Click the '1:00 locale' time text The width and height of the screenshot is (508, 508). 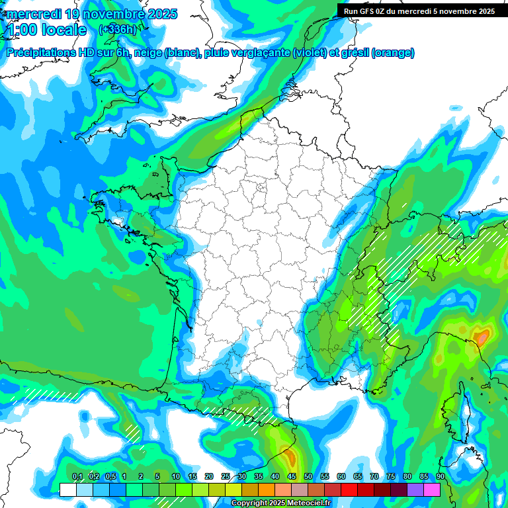[x=46, y=30]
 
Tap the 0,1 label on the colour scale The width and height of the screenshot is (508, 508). [x=77, y=477]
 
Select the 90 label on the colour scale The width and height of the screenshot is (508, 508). [x=440, y=477]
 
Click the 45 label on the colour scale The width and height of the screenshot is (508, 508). [x=292, y=477]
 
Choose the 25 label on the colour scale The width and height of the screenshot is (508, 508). [x=226, y=477]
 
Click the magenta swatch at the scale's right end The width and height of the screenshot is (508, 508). [x=432, y=489]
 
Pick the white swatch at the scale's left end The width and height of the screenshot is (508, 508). [x=67, y=489]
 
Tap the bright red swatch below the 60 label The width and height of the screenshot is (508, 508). [x=349, y=489]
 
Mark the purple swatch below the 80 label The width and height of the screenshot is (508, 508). [x=415, y=489]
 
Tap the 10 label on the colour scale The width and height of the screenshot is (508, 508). [x=176, y=477]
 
